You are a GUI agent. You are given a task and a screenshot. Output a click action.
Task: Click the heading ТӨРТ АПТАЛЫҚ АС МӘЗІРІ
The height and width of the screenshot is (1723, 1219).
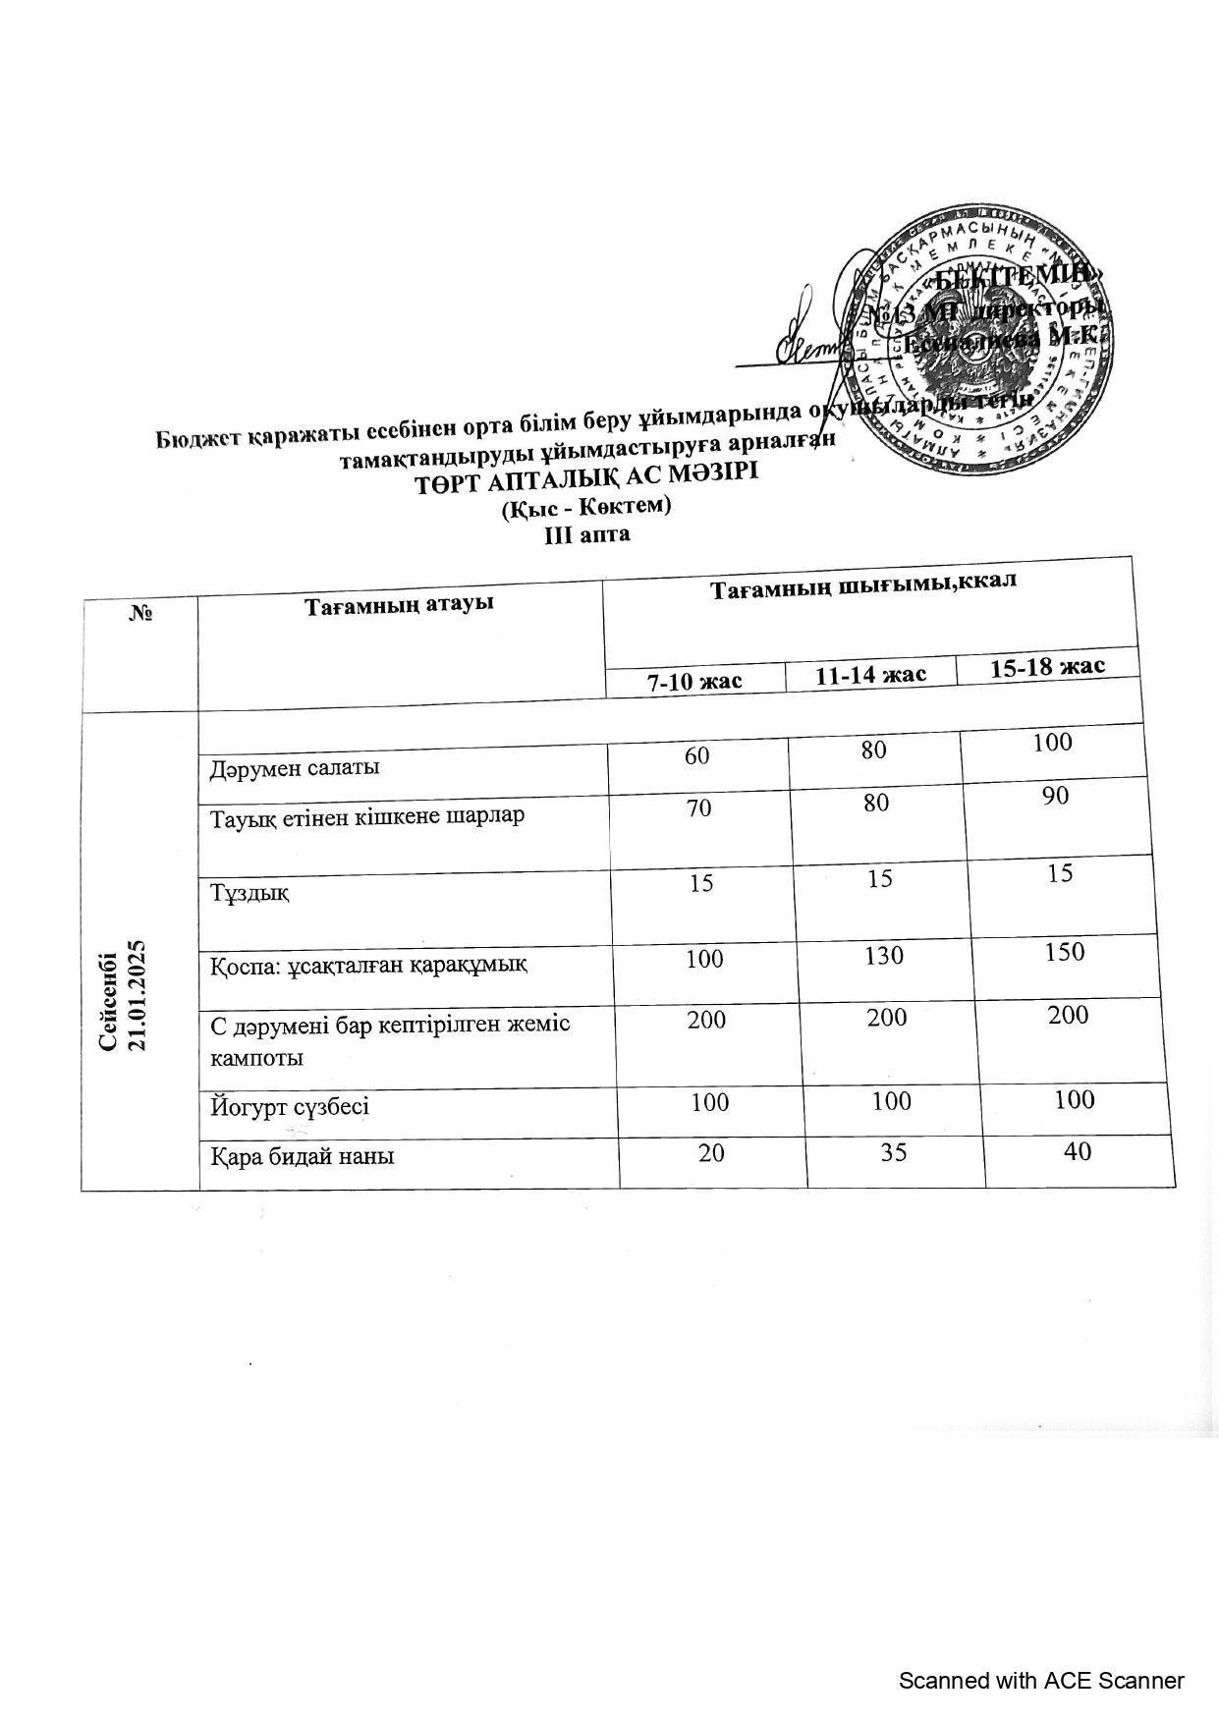tap(586, 481)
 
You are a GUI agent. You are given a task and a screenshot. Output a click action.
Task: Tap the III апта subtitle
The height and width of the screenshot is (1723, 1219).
tap(587, 535)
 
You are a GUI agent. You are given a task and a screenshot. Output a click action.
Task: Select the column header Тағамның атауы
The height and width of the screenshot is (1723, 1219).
tap(398, 603)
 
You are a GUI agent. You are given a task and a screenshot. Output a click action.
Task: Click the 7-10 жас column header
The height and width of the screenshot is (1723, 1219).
tap(693, 680)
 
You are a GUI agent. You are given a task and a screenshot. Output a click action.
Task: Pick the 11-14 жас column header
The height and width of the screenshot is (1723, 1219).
tap(870, 674)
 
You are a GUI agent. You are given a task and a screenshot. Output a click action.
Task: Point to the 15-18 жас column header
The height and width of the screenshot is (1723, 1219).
tap(1047, 667)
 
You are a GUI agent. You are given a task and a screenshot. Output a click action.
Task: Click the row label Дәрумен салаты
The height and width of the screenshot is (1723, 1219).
tap(296, 767)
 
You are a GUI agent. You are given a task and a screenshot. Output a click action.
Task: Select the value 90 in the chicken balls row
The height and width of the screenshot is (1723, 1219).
tap(1056, 796)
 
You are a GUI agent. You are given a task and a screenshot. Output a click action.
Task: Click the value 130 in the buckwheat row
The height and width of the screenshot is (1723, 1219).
tap(884, 955)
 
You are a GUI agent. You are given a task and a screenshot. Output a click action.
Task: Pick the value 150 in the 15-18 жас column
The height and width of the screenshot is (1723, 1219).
tap(1065, 952)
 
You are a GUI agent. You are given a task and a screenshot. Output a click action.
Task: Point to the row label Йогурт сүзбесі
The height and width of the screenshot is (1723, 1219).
tap(290, 1107)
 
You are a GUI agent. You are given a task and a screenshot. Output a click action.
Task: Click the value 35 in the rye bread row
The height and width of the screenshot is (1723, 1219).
tap(893, 1151)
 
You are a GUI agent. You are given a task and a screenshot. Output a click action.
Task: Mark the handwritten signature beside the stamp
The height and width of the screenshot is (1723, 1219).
tap(815, 339)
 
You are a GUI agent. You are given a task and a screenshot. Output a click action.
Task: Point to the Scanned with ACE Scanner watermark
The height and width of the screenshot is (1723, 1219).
tap(1041, 1681)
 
